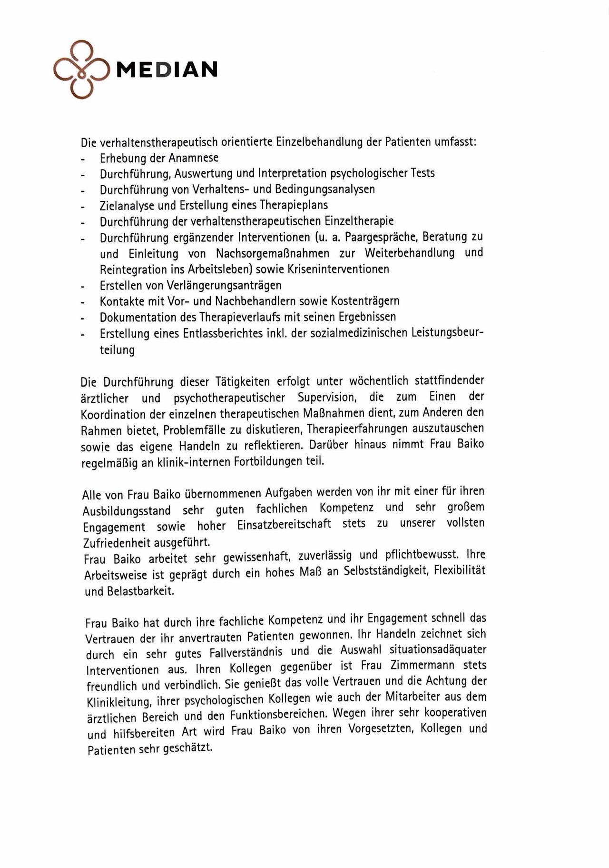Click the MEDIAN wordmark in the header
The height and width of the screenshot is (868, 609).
pyautogui.click(x=167, y=70)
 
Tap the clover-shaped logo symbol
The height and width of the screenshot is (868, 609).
pyautogui.click(x=82, y=70)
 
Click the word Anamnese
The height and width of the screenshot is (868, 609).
pyautogui.click(x=193, y=158)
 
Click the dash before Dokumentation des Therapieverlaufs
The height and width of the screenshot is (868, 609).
pyautogui.click(x=83, y=318)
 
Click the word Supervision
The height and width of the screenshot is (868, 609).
pyautogui.click(x=327, y=397)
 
